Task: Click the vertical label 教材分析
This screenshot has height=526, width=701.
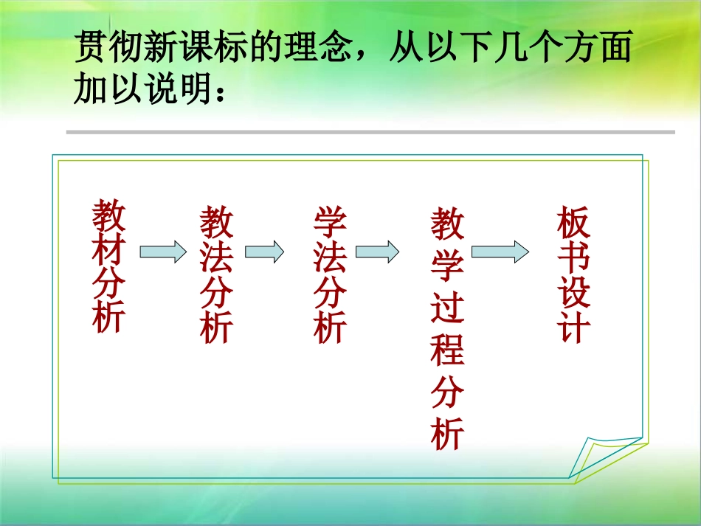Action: (x=109, y=266)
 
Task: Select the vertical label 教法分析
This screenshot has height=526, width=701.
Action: (x=217, y=275)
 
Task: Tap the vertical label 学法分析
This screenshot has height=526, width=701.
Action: (x=330, y=275)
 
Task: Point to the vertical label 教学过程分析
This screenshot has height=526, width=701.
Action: (x=447, y=329)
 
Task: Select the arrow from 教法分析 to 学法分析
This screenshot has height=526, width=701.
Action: (x=264, y=252)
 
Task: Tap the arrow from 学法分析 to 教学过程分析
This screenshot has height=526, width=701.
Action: (x=377, y=252)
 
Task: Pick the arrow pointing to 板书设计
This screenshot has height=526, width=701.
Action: (x=500, y=252)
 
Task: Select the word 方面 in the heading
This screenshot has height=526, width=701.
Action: (x=598, y=50)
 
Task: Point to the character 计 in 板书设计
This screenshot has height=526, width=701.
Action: (x=574, y=328)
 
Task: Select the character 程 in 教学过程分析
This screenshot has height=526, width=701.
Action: (x=447, y=351)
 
